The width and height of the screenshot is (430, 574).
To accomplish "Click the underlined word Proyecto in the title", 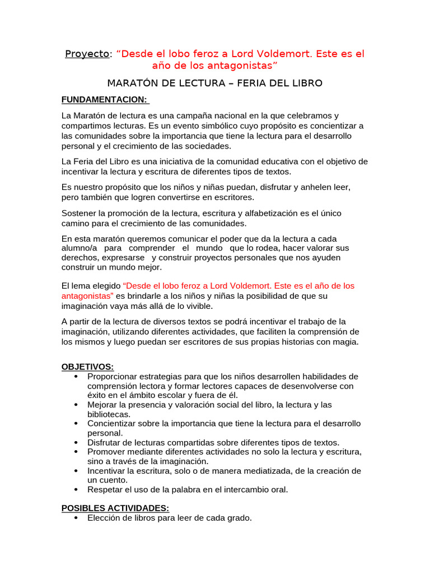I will pos(87,54).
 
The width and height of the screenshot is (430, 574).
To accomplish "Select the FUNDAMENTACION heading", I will pos(105,100).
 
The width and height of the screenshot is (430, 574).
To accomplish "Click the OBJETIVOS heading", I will pos(87,367).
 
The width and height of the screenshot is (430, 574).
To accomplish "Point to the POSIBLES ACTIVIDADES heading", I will pos(115,508).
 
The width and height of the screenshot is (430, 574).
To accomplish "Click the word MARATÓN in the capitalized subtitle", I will pos(130,84).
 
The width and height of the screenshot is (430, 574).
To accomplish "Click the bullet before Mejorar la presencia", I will pos(76,405).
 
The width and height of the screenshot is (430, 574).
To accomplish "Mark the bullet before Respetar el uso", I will pos(76,489).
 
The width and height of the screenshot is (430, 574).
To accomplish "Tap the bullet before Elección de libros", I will pos(76,519).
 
